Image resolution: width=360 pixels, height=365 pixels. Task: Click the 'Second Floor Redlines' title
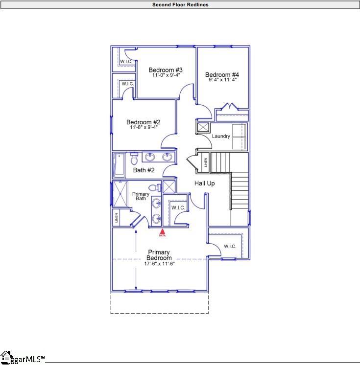[180, 4]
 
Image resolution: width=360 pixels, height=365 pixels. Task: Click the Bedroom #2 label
[143, 122]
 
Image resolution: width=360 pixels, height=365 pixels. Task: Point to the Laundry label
[221, 136]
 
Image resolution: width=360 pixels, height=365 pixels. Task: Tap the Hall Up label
[204, 183]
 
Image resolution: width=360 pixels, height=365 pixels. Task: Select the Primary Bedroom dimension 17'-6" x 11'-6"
[159, 264]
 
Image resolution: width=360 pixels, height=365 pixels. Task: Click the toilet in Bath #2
[134, 159]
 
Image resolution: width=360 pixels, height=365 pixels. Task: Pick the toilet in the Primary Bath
[154, 188]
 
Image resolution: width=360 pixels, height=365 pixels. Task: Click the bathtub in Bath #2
[119, 165]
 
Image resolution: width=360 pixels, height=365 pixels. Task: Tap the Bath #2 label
[144, 170]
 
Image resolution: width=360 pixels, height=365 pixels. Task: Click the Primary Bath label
[141, 196]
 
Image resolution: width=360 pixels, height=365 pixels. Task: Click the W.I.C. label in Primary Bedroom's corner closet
[230, 246]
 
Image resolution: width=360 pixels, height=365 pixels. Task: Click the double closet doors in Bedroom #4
[229, 107]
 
